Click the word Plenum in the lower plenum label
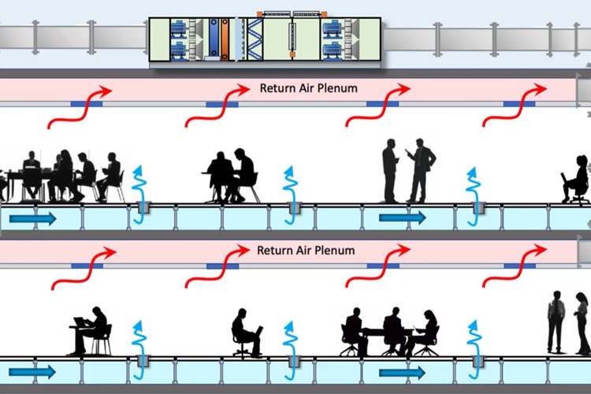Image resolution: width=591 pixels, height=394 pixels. pos(335,251)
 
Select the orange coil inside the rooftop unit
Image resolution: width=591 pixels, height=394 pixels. pos(225,39)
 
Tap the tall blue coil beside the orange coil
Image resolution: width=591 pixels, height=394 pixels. pos(214,39)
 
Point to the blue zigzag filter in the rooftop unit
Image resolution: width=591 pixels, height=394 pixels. pos(255,39)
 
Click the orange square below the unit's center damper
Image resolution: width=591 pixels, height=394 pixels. pos(292,54)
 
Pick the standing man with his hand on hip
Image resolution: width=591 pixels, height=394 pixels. pos(420,170)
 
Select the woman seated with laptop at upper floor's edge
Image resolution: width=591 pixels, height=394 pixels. pos(575,180)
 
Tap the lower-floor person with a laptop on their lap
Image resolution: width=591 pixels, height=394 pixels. pos(247,333)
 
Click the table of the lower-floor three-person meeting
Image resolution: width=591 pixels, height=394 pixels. pos(388,332)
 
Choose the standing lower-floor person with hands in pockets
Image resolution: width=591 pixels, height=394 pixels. pos(556,322)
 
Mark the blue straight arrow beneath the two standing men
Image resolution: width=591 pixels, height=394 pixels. pos(402,217)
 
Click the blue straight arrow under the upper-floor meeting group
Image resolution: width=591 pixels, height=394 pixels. pos(32,219)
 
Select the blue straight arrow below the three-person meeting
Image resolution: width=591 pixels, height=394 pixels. pos(402,373)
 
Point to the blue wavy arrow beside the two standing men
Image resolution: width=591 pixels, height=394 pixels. pos(473,196)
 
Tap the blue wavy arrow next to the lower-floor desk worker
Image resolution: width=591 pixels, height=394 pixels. pos(139,350)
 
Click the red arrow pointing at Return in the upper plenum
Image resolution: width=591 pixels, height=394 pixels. pos(217,106)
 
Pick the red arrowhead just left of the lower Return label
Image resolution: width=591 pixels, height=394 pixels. pos(241,250)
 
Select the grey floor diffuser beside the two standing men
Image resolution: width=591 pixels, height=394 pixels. pos(478,208)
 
